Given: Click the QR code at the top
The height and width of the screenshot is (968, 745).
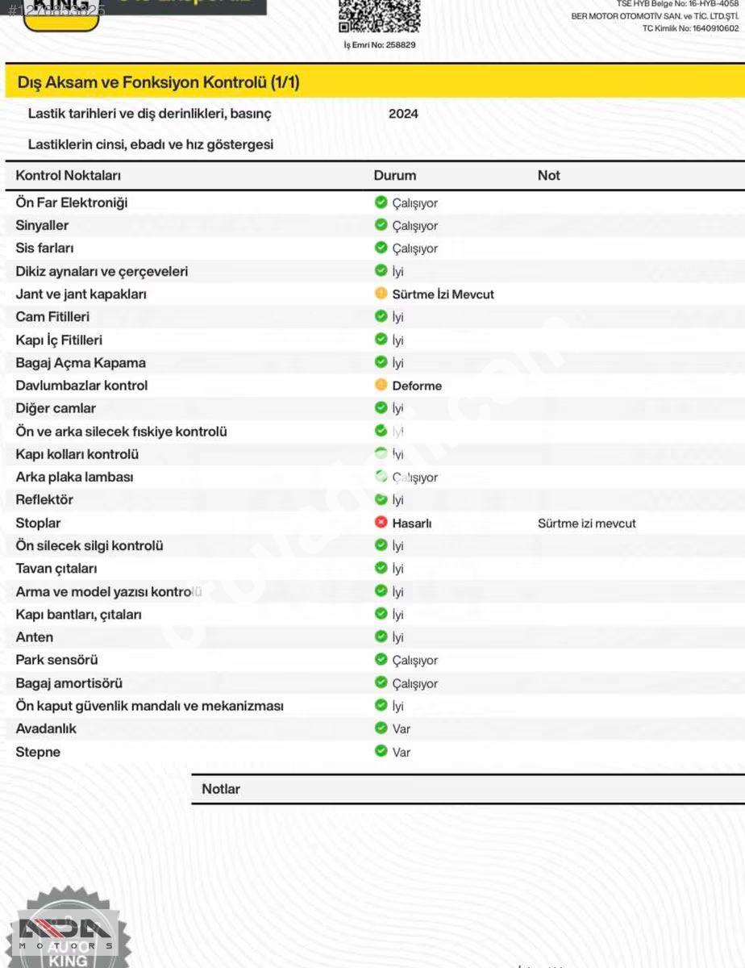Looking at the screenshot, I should click(379, 16).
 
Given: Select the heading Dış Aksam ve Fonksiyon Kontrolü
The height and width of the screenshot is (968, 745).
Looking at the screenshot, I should click(158, 82).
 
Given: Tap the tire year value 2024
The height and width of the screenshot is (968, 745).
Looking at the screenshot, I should click(403, 114).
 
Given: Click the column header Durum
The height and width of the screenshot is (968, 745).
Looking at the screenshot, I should click(394, 175).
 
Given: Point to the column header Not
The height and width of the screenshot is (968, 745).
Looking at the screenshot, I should click(548, 175).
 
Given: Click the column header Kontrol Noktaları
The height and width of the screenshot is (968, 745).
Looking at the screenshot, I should click(68, 175).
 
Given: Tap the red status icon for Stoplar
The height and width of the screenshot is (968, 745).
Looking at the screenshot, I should click(381, 523).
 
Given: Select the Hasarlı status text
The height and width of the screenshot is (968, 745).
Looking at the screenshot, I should click(411, 524).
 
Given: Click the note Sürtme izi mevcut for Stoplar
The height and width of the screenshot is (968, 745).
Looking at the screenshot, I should click(586, 524).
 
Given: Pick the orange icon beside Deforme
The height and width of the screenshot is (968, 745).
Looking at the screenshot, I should click(381, 386).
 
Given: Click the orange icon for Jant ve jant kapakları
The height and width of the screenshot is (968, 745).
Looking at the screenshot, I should click(381, 294).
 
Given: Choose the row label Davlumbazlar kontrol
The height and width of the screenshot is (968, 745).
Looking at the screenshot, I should click(81, 386).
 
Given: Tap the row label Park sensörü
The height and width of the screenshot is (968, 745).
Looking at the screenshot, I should click(56, 660).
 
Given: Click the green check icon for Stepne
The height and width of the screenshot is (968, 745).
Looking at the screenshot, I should click(381, 751).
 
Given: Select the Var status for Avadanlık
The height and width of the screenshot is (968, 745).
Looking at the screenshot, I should click(401, 729).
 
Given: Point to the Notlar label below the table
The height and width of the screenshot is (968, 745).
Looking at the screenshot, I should click(220, 789).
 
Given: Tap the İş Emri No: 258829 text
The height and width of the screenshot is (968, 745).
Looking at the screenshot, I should click(379, 45).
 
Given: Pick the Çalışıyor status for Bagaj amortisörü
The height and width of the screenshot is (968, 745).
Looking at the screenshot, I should click(414, 683).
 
